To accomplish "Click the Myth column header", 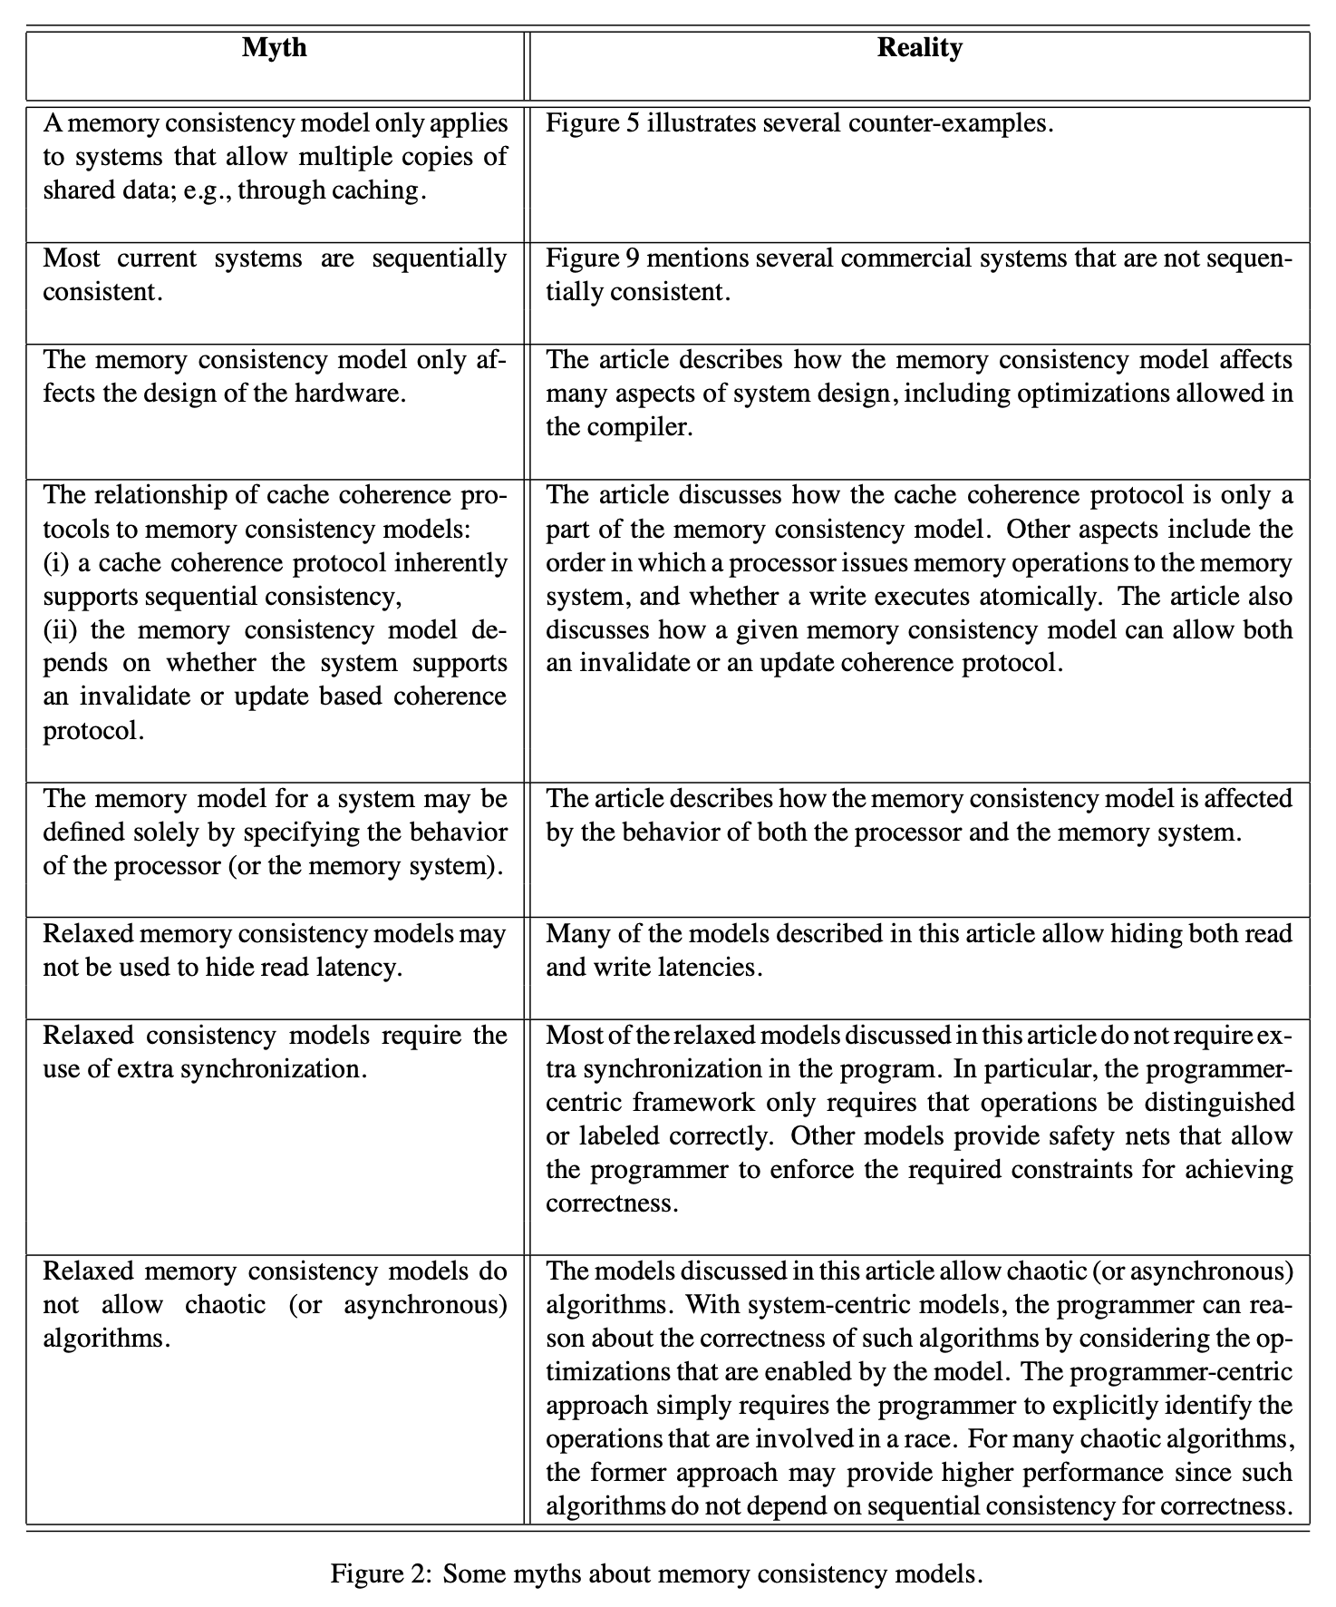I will click(275, 47).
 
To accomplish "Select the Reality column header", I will click(919, 47).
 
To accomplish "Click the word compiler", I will click(648, 427).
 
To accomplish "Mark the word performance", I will click(1096, 1473).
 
